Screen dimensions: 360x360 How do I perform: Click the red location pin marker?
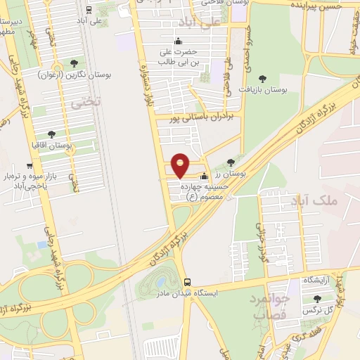click(181, 165)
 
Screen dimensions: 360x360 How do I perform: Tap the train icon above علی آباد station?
click(88, 10)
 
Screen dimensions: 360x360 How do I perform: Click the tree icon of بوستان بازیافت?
click(263, 79)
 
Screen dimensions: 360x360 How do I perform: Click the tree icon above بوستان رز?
click(231, 162)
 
